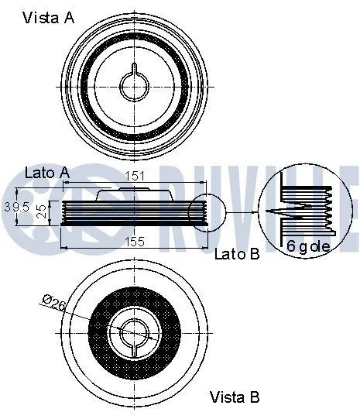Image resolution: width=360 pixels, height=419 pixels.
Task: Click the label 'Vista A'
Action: coord(48,18)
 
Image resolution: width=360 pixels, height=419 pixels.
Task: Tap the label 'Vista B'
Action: coord(235,397)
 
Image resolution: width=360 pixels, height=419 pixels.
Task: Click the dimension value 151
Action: coord(135,177)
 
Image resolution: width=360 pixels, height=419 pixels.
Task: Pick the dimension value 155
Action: coord(135,242)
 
